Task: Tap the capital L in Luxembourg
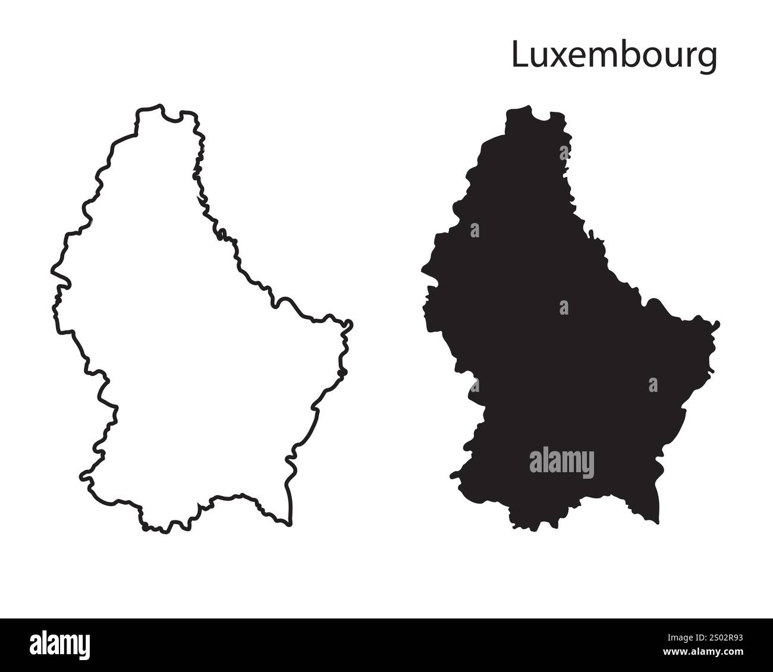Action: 519,55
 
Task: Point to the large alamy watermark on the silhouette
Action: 561,463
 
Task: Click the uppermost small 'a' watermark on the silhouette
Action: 475,230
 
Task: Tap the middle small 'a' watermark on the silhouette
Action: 564,307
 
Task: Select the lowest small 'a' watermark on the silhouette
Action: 653,385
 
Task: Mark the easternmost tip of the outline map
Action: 352,325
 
